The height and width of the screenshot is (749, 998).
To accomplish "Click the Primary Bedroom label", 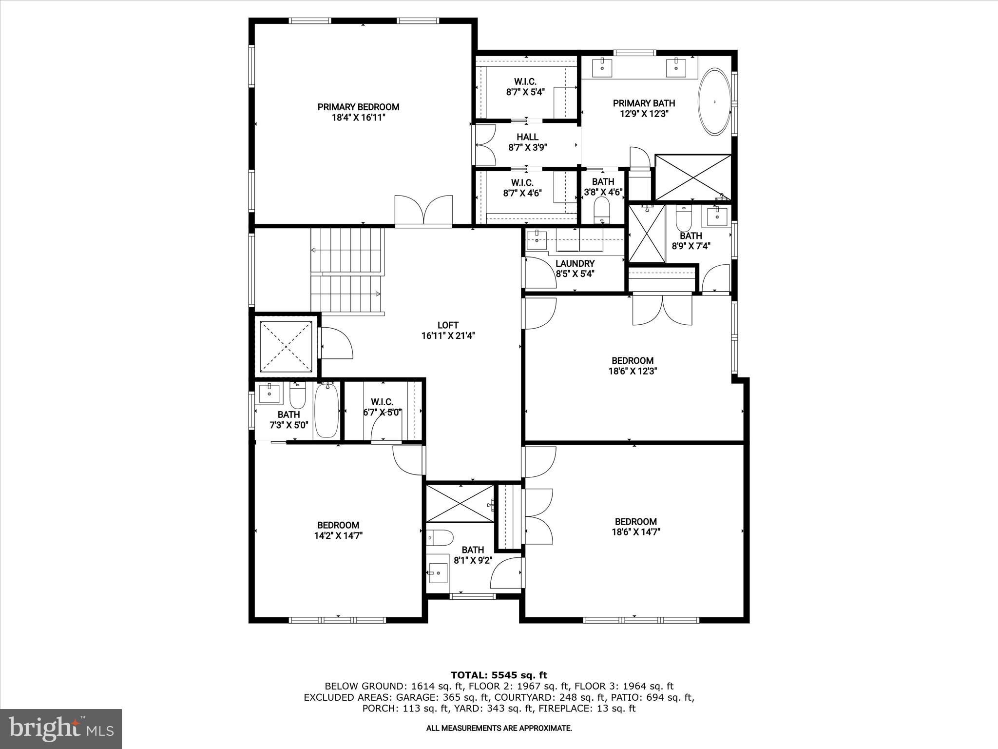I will point(358,112).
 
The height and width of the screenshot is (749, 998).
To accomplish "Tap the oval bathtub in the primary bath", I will point(714,102).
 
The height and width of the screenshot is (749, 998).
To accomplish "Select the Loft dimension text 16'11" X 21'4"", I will point(447,335).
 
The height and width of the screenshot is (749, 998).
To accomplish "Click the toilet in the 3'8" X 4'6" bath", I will point(602,209).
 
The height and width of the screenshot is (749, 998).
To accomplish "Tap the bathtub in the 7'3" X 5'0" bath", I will point(326,411).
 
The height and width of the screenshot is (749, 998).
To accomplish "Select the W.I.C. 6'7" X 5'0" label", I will point(382,407).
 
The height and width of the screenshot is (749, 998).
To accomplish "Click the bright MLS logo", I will point(61,729).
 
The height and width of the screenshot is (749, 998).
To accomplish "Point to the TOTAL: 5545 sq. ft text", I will point(499,675).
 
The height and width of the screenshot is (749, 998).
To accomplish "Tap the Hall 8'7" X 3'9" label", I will point(527,142).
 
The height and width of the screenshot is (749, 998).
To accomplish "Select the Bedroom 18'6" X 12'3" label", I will point(632,365).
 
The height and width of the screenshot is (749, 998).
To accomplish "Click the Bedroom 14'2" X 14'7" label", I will point(338,530).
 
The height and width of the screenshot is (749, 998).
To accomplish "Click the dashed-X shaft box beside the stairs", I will point(286,346).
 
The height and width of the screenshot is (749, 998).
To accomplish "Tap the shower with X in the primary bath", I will point(693,177).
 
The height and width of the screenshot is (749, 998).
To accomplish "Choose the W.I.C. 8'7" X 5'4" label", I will point(525,86).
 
